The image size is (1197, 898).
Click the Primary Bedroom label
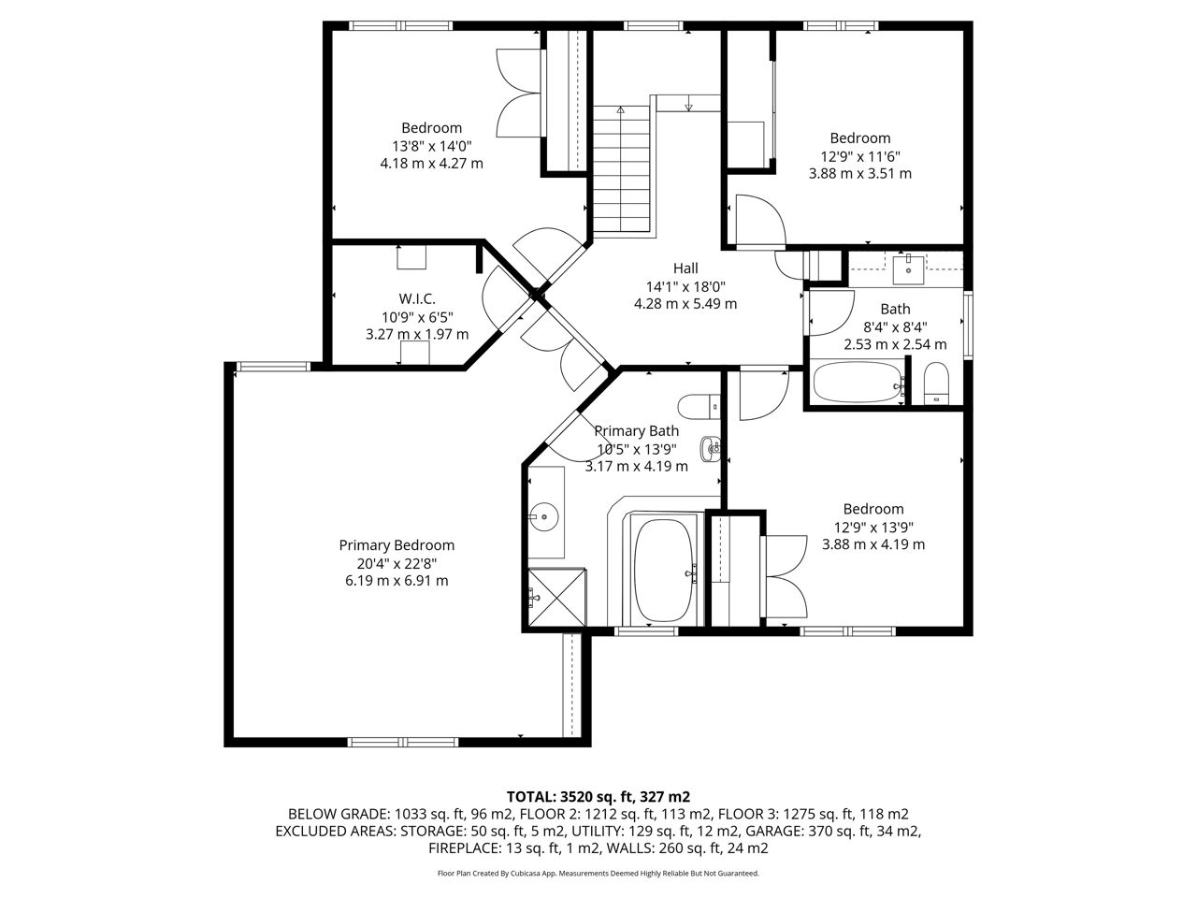[x=397, y=545]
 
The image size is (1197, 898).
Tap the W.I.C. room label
[x=417, y=298]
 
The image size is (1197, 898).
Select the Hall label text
[x=685, y=268]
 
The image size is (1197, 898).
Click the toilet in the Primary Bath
[x=699, y=407]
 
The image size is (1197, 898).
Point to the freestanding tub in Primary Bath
[x=665, y=571]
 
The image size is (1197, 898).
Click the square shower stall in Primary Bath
[x=556, y=598]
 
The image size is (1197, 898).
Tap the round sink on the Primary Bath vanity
[x=543, y=516]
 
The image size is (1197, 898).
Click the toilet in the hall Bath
[x=937, y=384]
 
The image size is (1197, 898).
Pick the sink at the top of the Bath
[x=908, y=270]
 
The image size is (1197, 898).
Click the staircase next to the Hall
[x=622, y=169]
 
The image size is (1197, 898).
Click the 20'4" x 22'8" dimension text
[x=397, y=563]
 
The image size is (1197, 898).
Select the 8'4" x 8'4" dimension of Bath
[x=896, y=327]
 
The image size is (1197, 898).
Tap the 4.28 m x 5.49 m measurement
[x=685, y=304]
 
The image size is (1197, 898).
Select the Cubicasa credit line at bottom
[x=598, y=874]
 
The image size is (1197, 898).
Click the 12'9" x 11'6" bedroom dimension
[x=860, y=156]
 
